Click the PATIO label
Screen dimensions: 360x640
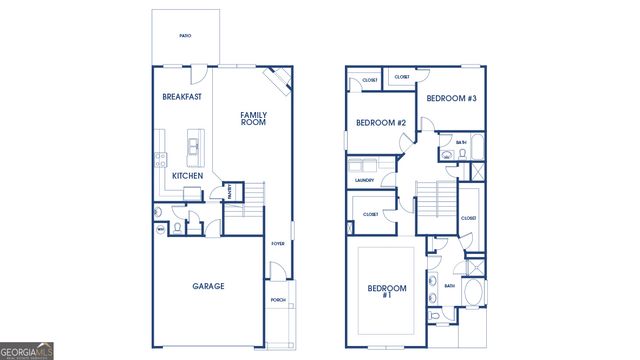coord(185,35)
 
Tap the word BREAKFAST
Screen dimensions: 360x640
coord(182,97)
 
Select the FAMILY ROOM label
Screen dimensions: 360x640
coord(253,119)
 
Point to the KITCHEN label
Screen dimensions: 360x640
coord(187,176)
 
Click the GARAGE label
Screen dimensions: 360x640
coord(208,286)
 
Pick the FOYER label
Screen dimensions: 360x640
coord(278,243)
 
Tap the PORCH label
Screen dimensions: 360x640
coord(278,300)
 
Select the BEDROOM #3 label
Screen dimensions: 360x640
coord(450,98)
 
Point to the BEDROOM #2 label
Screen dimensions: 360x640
coord(380,123)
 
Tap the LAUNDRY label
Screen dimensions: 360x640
coord(364,181)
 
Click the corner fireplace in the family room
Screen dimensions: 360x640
coord(277,80)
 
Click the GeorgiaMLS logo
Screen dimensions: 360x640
coord(27,351)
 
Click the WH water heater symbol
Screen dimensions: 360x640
coord(160,229)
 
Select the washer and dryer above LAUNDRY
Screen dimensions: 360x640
coord(362,166)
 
